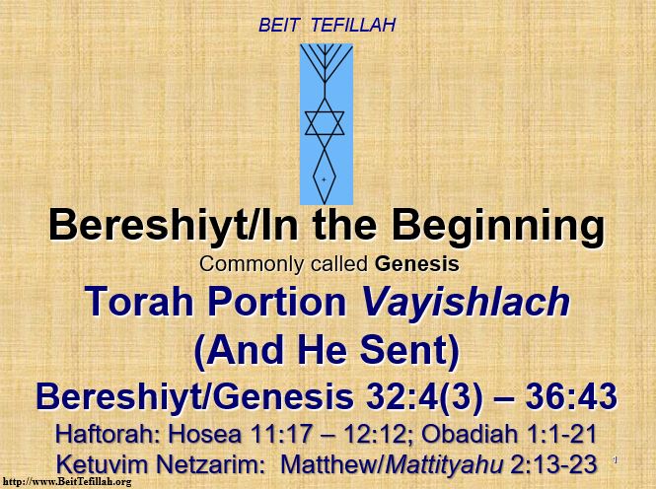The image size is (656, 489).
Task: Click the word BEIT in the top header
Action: click(278, 25)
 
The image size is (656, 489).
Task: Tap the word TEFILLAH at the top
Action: click(353, 25)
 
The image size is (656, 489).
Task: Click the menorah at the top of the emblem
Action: click(326, 63)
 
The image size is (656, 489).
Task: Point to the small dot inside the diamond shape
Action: click(324, 179)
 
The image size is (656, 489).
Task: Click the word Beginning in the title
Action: click(498, 228)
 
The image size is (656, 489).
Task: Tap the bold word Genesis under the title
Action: click(417, 264)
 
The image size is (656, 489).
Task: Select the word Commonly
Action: click(252, 265)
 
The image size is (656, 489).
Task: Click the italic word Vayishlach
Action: click(466, 302)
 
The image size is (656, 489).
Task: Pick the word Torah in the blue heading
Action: click(139, 302)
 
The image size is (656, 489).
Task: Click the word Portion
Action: click(277, 302)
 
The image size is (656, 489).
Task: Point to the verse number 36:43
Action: click(571, 396)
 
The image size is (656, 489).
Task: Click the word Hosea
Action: click(205, 434)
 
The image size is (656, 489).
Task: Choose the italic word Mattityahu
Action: click(444, 465)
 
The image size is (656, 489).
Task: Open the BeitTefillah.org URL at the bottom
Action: click(67, 482)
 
